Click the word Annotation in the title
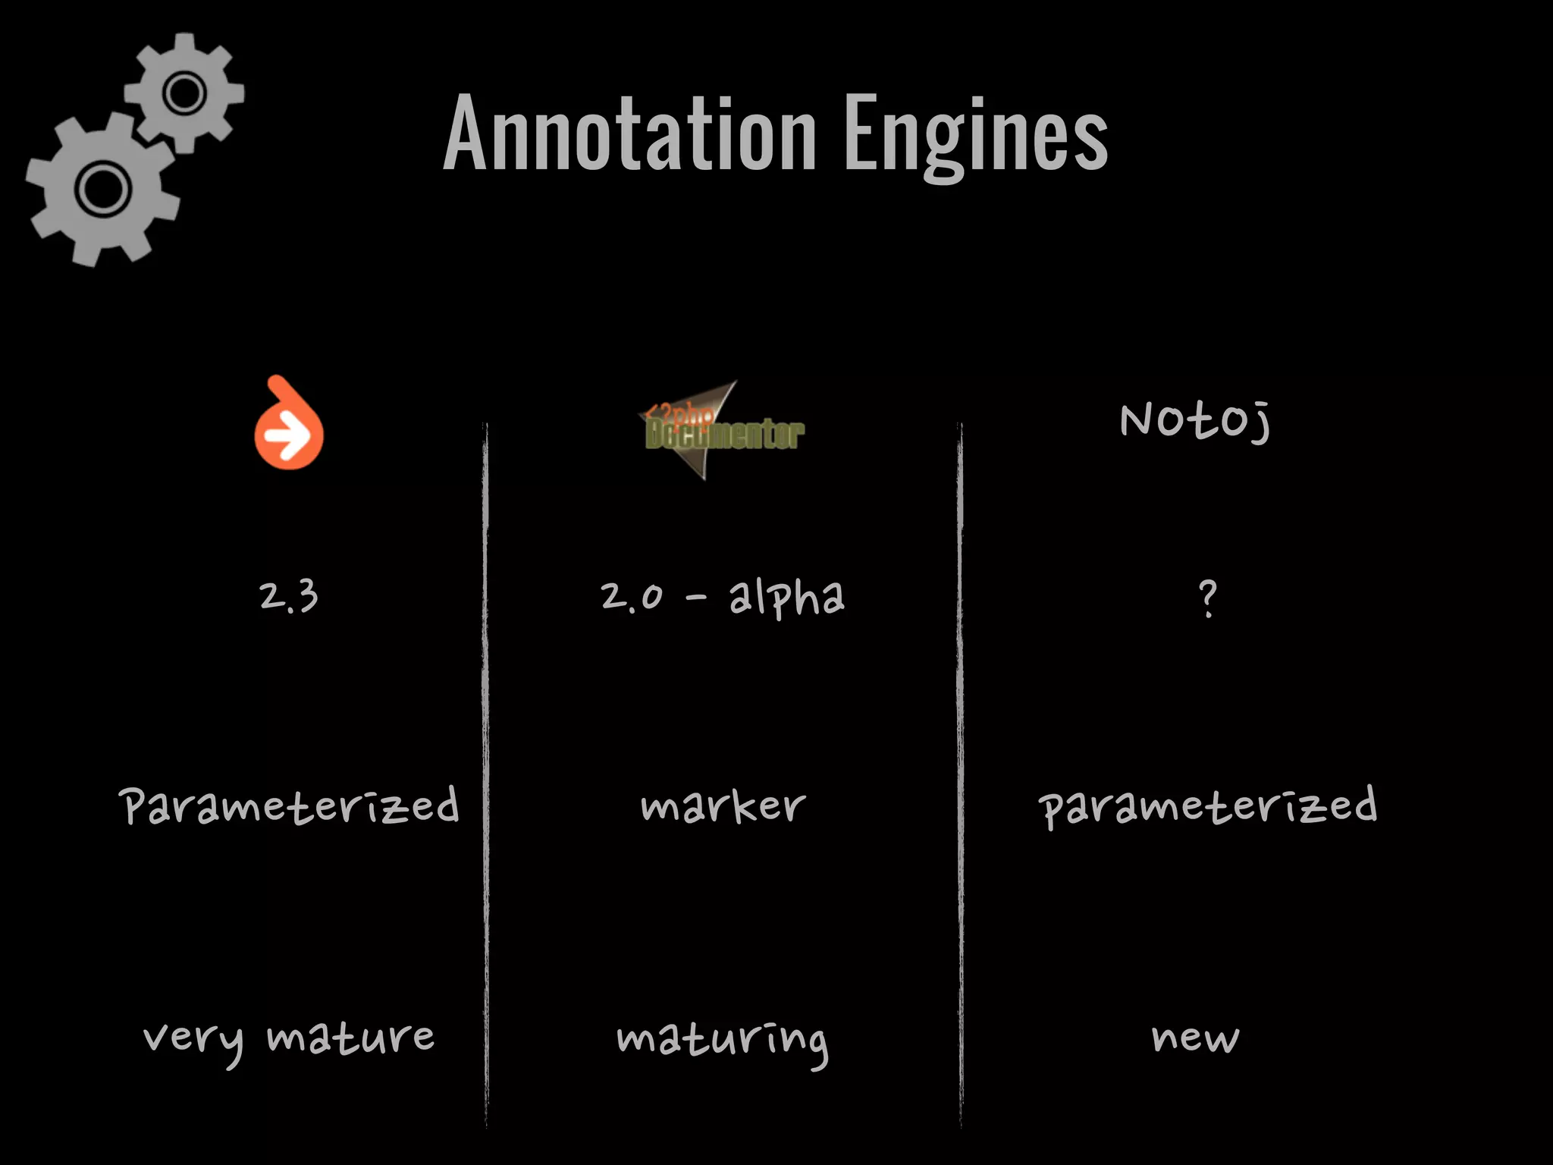[630, 133]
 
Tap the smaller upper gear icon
[184, 93]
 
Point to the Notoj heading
[1195, 420]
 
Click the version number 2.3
[288, 597]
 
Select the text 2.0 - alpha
[722, 597]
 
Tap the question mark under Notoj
[1208, 599]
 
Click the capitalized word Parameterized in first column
[289, 805]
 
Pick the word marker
[723, 805]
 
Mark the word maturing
[722, 1041]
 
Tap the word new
[1195, 1038]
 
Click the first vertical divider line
[485, 774]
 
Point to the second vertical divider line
[960, 774]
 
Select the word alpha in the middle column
[786, 598]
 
